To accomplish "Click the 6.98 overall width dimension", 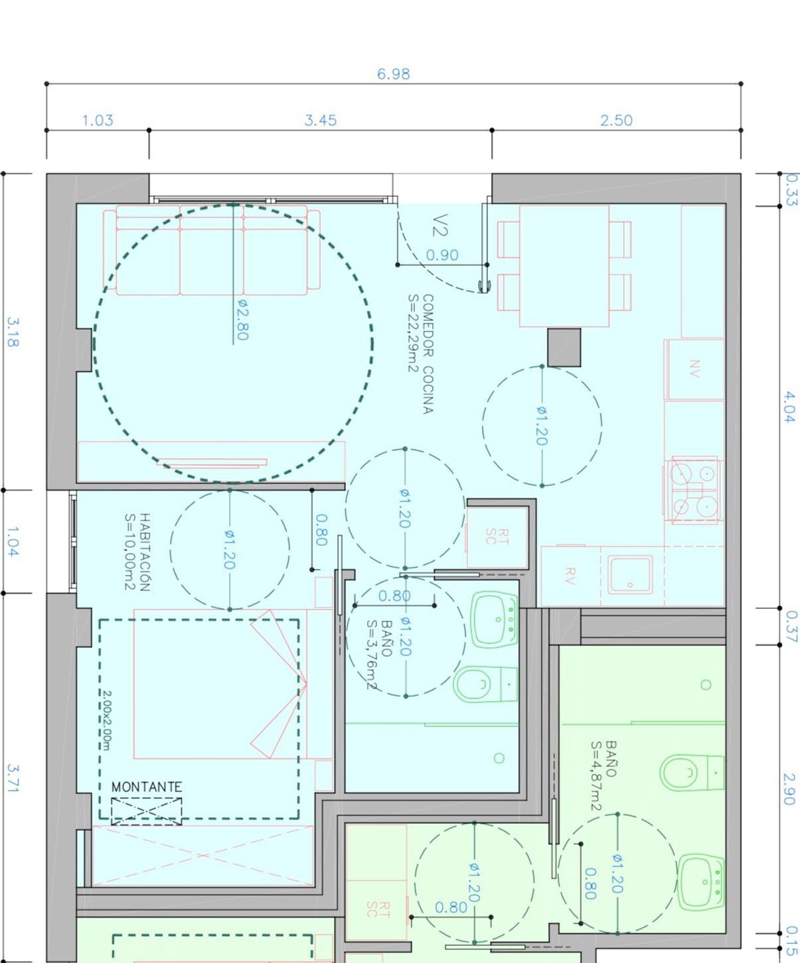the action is pos(394,74).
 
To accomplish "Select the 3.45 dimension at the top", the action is pos(321,120).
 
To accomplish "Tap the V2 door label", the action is pos(440,225).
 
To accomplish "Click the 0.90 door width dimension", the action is pos(442,255).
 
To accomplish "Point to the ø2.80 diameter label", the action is pos(242,319).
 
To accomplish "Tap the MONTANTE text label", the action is pos(147,786).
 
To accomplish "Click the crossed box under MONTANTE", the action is pos(146,811).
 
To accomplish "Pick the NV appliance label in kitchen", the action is pos(694,369).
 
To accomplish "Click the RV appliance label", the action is pos(570,576).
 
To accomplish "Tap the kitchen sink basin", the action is pos(630,575).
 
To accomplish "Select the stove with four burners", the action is pos(693,489).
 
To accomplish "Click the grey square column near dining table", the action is pos(564,347).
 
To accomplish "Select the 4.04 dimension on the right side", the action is pos(789,407).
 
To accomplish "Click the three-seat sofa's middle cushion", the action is pos(212,261).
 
